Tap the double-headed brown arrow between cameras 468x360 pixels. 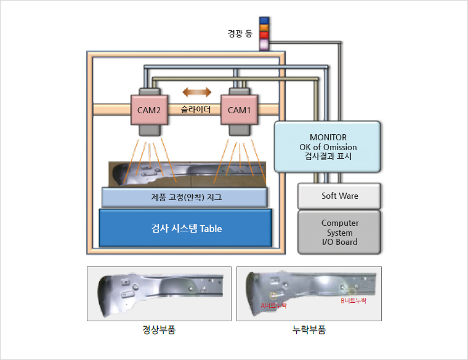[196, 92]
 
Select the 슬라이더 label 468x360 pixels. [196, 110]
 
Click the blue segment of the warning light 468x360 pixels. [264, 20]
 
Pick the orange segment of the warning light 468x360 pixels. [264, 28]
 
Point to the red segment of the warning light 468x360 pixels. [264, 35]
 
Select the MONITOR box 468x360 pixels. [326, 147]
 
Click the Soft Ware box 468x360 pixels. [339, 196]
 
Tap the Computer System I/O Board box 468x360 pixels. [339, 232]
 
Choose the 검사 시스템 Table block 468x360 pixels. [186, 228]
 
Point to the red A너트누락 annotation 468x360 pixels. [274, 305]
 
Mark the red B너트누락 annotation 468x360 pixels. [353, 301]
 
